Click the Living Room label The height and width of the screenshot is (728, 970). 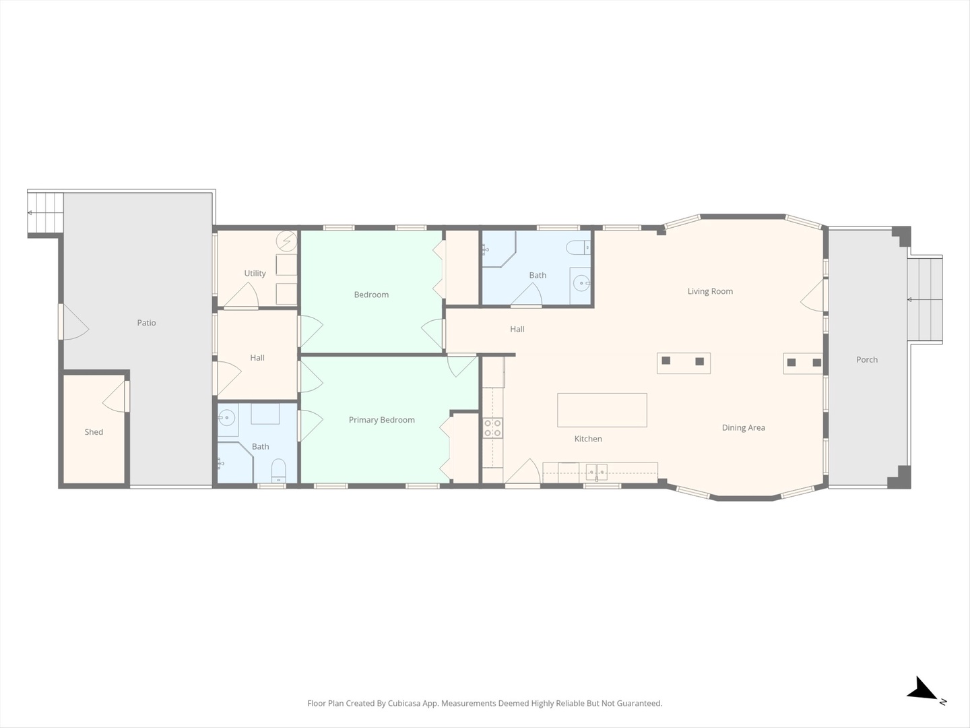(x=710, y=291)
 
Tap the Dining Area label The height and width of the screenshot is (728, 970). (x=743, y=427)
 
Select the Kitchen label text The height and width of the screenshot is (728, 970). (x=587, y=439)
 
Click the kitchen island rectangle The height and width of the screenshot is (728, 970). (x=602, y=410)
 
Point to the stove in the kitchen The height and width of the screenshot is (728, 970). (x=492, y=428)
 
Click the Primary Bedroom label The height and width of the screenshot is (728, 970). (x=381, y=420)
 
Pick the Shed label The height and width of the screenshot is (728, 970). (x=94, y=432)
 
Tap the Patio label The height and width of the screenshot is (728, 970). (x=146, y=323)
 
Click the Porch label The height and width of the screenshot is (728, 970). (x=866, y=360)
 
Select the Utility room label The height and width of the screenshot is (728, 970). (x=255, y=273)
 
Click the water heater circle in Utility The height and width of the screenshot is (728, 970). (x=287, y=239)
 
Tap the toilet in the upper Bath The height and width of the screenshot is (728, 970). (x=578, y=247)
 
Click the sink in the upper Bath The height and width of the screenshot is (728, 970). (x=580, y=283)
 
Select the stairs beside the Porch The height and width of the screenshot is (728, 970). (x=924, y=299)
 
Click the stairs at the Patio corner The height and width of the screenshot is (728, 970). (x=45, y=212)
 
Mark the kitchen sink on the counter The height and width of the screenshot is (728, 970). (x=596, y=471)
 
